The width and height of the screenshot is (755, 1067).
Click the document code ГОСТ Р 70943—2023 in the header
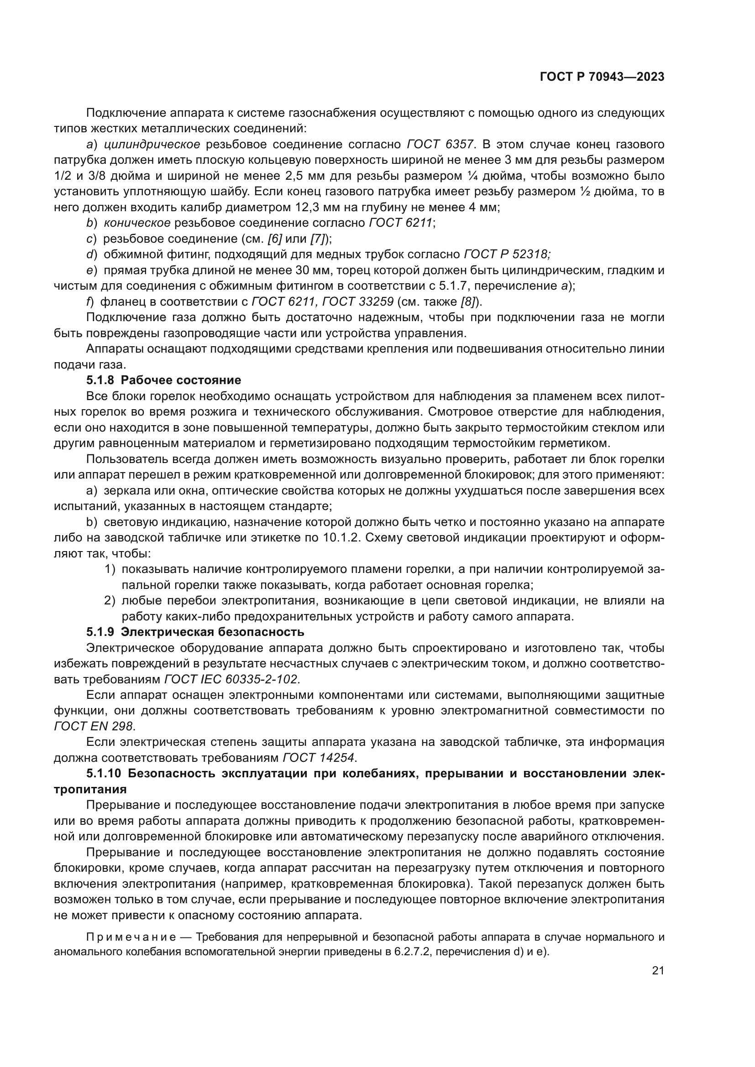pyautogui.click(x=602, y=77)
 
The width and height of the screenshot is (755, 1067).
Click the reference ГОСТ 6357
pyautogui.click(x=440, y=145)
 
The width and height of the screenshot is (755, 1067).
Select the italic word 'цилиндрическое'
pyautogui.click(x=152, y=145)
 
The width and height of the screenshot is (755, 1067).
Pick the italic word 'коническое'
pyautogui.click(x=137, y=223)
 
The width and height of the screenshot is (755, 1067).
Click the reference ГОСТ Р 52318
pyautogui.click(x=507, y=254)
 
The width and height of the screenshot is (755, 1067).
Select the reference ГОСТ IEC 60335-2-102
pyautogui.click(x=231, y=679)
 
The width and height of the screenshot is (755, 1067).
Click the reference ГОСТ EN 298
pyautogui.click(x=94, y=726)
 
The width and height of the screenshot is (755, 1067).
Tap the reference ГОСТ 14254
pyautogui.click(x=319, y=758)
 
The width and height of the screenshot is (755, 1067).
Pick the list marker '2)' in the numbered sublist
pyautogui.click(x=109, y=601)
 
